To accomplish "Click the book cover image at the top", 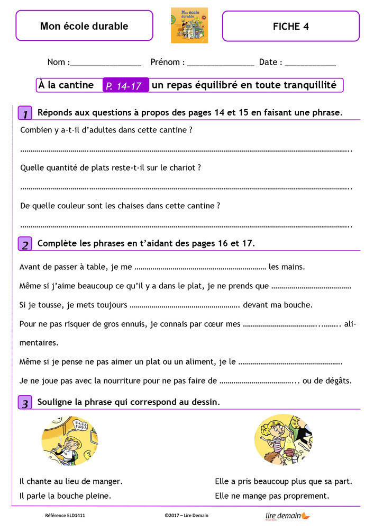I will (x=189, y=25).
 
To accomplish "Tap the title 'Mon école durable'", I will (x=84, y=26).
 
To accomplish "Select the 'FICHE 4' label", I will (x=290, y=26).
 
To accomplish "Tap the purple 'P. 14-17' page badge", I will (x=125, y=85).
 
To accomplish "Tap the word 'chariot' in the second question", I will (x=184, y=167).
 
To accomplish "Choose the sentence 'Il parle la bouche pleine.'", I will (x=65, y=496).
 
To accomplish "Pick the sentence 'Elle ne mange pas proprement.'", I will (x=272, y=496).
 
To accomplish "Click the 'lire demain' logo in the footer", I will (x=287, y=515).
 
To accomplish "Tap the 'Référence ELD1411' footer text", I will (x=65, y=515).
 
